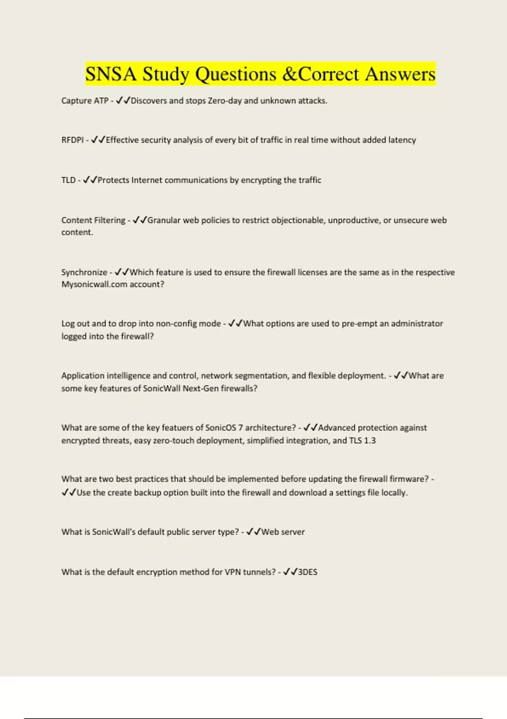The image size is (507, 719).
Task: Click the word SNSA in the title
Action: point(111,74)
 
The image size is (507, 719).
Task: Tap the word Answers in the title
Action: point(400,74)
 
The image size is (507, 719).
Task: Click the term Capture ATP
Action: point(84,101)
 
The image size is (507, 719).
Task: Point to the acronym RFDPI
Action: point(72,140)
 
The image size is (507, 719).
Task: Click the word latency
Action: point(402,140)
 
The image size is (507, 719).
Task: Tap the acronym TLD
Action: point(68,180)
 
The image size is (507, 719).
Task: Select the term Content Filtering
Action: point(93,220)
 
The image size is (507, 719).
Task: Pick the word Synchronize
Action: point(84,272)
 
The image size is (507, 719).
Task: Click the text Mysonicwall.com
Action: point(94,284)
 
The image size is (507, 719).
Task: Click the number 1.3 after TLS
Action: point(370,440)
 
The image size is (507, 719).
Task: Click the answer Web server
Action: point(283,532)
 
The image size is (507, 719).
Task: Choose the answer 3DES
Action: point(308,572)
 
